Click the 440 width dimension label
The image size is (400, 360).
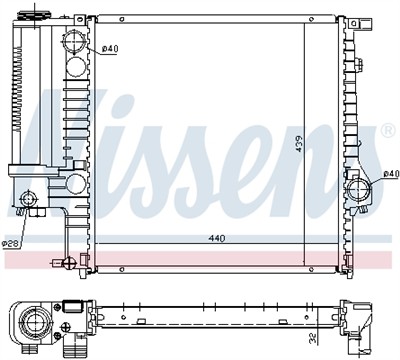point(217,239)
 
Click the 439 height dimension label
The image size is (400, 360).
point(299,144)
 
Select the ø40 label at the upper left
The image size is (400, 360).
point(110,49)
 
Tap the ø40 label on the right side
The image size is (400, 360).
point(391,174)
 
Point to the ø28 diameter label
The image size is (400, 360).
point(10,244)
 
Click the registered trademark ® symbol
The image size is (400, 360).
point(389,131)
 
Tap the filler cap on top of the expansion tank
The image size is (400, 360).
point(34,15)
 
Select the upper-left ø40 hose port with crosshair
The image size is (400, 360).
point(74,42)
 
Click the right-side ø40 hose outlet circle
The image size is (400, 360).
point(358,189)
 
